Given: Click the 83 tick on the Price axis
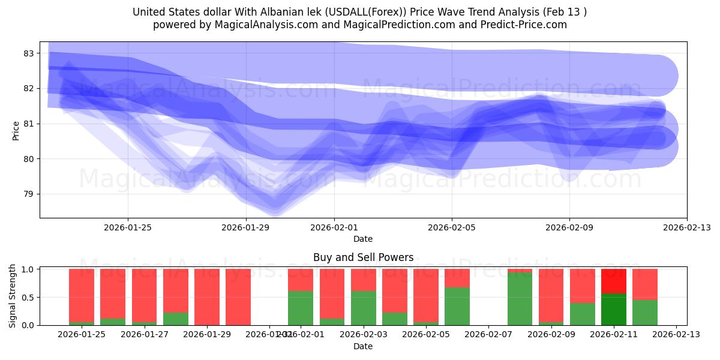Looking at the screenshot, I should pos(29,53).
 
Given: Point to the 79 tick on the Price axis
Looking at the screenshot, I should pos(29,194).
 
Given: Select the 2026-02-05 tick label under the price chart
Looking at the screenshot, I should pos(452,227).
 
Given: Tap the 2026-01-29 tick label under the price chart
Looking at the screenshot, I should pos(245,227).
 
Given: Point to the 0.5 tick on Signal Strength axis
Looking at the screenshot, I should pos(29,298).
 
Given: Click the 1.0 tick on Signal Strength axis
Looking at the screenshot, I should pos(29,269).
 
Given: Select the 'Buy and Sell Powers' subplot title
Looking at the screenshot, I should pos(363,258).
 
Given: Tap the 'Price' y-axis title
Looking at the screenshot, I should pos(16,130).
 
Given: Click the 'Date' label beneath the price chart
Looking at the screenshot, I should pos(363,239).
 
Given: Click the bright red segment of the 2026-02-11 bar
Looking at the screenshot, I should pos(614,281).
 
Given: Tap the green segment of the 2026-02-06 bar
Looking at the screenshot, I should pos(457,306).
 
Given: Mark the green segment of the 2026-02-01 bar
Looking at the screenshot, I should pos(301,308).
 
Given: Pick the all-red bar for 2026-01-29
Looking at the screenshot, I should pos(207,297).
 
